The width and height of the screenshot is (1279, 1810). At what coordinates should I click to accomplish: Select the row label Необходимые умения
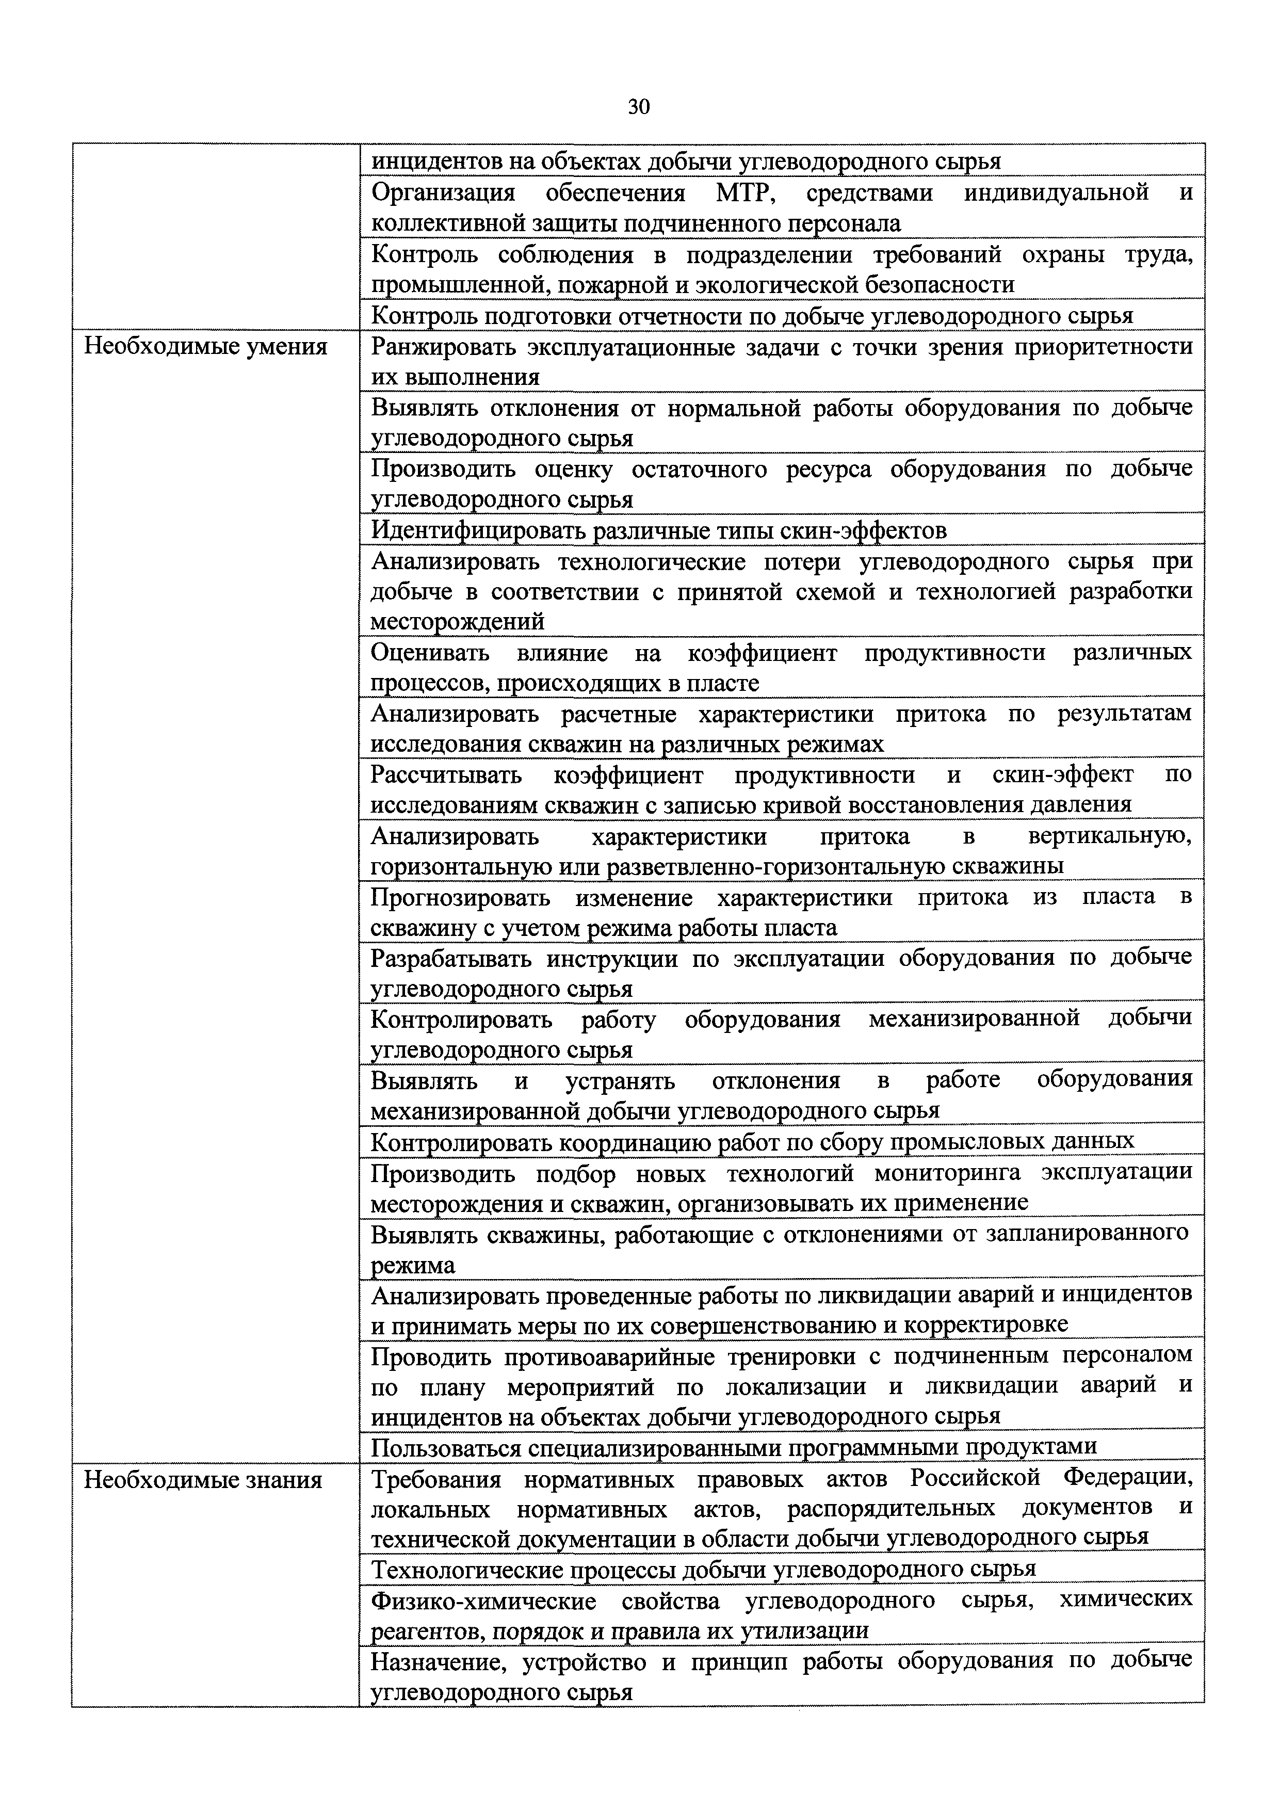205,347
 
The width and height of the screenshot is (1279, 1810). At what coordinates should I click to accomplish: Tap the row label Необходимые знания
203,1480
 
